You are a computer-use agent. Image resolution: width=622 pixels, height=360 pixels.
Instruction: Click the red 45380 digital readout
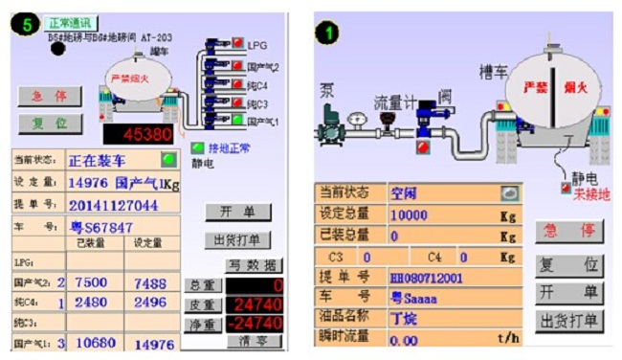138,134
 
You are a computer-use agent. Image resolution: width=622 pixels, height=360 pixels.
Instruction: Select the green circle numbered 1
328,32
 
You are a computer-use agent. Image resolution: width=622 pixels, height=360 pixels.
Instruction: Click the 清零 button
253,341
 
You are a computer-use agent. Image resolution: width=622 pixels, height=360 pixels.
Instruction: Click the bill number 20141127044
112,205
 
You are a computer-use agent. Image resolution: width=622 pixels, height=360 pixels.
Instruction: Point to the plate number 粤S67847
100,228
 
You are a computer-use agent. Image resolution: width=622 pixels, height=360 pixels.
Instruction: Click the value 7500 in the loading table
90,282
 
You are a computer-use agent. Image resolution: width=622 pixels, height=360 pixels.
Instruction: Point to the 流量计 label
393,101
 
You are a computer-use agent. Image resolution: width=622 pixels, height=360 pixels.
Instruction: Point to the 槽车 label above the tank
496,72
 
